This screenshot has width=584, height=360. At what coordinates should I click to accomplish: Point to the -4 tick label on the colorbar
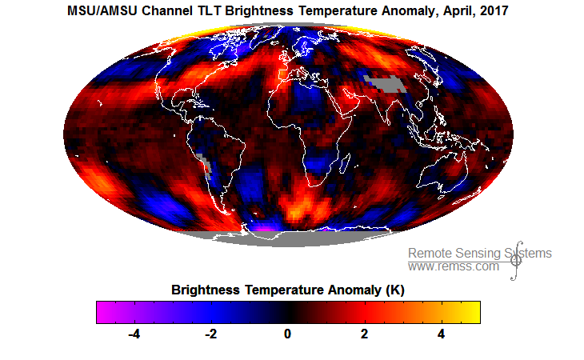pos(134,334)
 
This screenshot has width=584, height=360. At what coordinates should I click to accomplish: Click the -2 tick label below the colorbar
pos(210,334)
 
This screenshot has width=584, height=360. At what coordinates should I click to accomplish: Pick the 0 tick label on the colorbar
pos(288,334)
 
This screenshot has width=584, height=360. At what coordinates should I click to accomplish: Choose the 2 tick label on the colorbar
pos(365,334)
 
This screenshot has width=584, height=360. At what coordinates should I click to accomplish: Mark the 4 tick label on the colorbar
pos(442,334)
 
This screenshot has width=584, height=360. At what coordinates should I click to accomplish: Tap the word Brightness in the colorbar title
pos(205,290)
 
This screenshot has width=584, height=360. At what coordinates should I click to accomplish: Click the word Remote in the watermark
pos(430,254)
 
